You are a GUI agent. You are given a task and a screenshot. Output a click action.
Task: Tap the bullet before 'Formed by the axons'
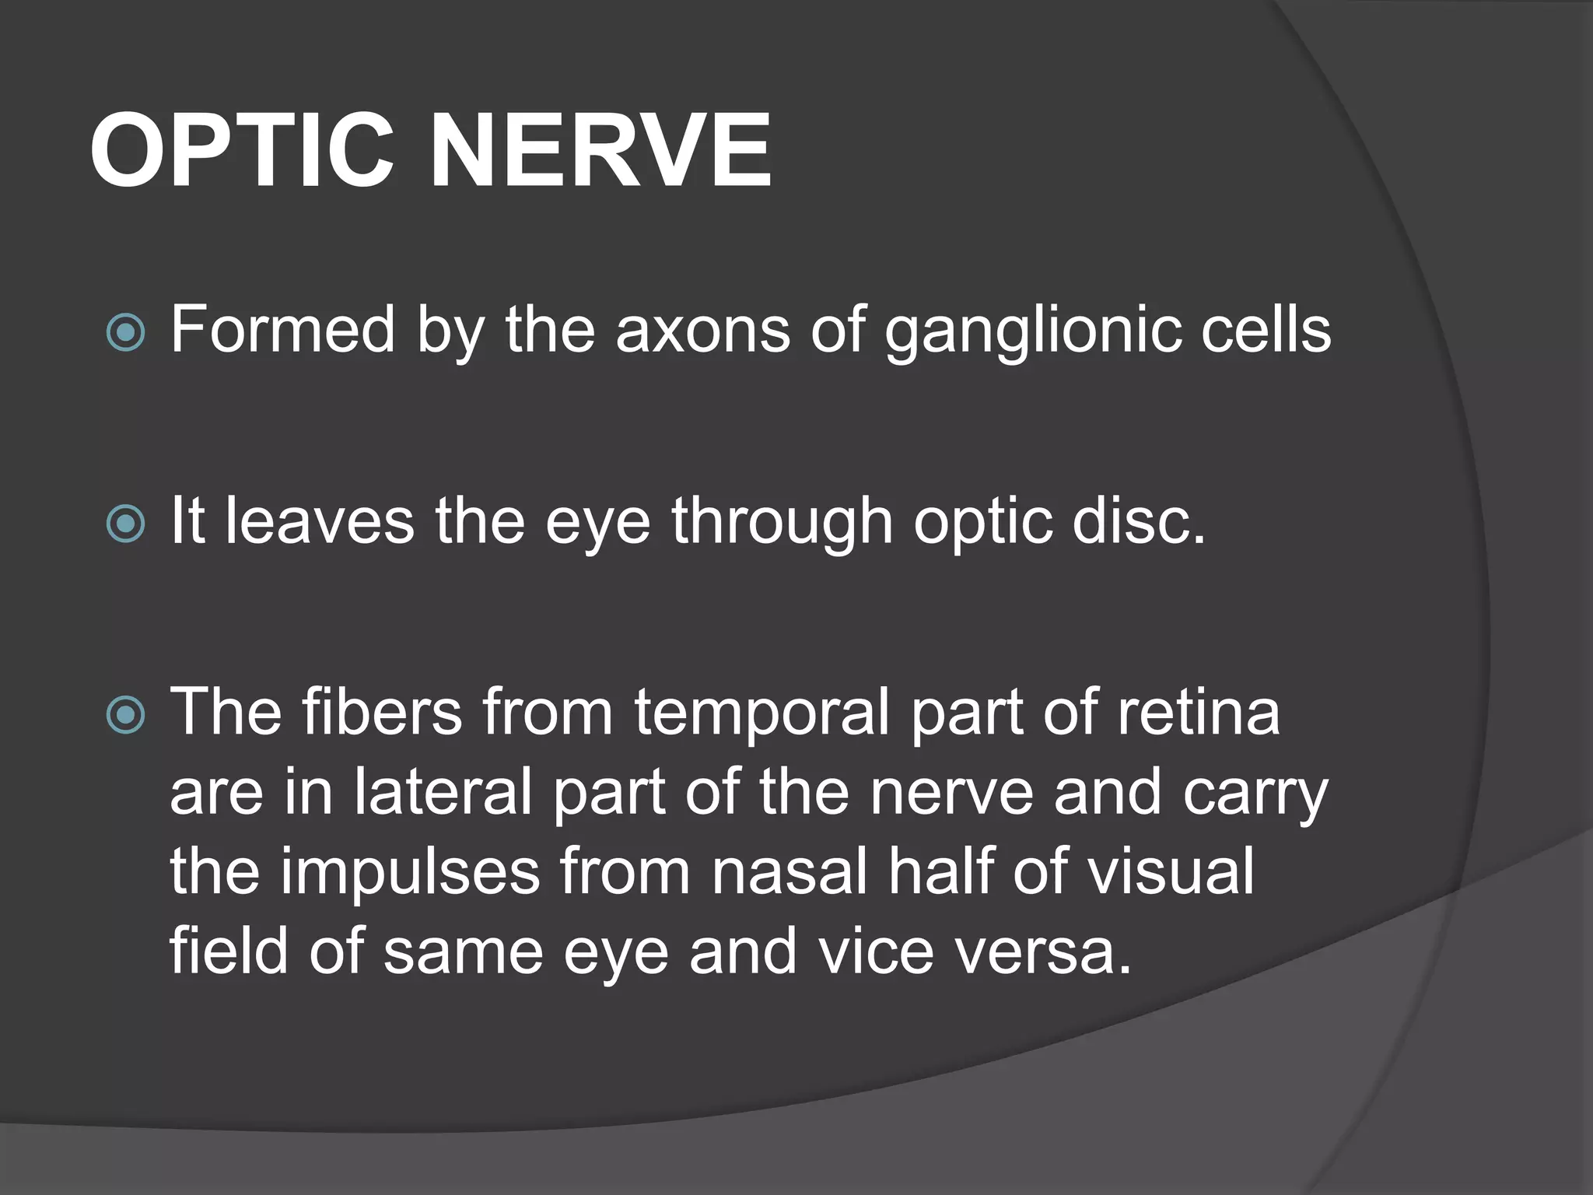coord(125,333)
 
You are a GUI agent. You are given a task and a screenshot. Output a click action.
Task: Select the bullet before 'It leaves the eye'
coord(125,524)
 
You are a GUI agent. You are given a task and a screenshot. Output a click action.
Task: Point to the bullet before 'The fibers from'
coord(125,715)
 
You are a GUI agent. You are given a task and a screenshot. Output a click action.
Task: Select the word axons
coord(702,330)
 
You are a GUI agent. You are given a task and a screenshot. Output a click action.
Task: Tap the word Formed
coord(283,330)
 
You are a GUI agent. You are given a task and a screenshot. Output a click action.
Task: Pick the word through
coord(782,522)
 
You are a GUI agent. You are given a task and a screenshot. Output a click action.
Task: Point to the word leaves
coord(320,520)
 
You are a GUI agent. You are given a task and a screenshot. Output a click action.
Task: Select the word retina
coord(1198,712)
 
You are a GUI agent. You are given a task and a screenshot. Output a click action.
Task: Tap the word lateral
coord(443,792)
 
